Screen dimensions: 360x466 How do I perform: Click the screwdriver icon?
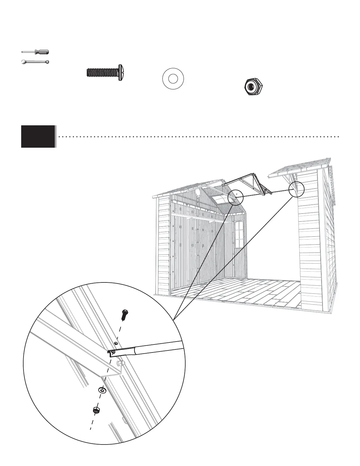36,52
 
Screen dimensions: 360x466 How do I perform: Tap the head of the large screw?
120,72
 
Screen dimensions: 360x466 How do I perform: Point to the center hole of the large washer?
173,79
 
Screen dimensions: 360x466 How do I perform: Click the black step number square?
38,136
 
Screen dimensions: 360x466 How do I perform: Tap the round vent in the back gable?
198,192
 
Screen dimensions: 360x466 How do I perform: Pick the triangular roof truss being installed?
250,184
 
